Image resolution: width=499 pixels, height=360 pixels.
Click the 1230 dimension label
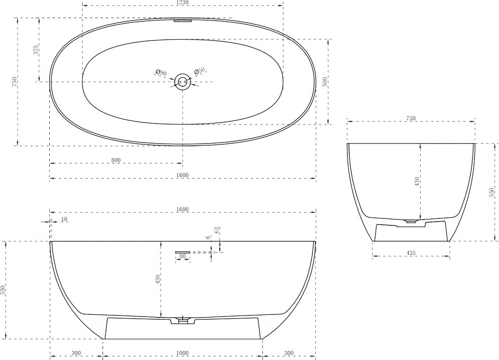[x=183, y=3]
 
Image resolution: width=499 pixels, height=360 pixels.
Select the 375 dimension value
[x=36, y=50]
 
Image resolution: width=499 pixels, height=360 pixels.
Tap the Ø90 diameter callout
[x=161, y=73]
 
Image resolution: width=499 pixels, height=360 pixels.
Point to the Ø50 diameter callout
[x=200, y=71]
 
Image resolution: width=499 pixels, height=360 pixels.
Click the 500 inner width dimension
[x=325, y=82]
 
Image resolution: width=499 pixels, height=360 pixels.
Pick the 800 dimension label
[x=116, y=160]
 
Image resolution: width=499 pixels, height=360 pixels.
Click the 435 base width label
[x=411, y=253]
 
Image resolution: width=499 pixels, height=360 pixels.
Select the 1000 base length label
[x=183, y=353]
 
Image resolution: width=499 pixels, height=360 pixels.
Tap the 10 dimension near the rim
[x=64, y=219]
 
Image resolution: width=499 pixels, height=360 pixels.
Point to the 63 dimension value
[x=217, y=230]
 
